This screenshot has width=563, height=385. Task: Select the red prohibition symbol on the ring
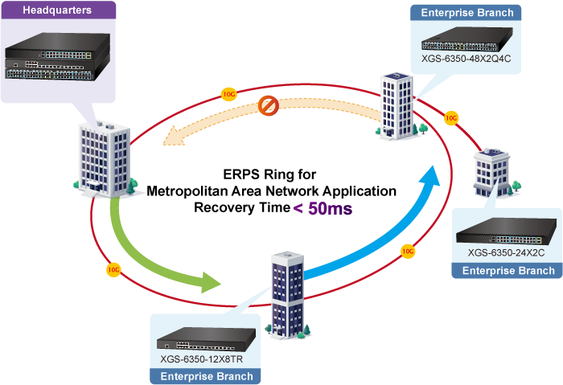click(x=269, y=105)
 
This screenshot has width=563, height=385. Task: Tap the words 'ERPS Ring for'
click(x=270, y=174)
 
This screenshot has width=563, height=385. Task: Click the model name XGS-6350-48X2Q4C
click(x=466, y=58)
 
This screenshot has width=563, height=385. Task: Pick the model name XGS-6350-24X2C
click(x=507, y=252)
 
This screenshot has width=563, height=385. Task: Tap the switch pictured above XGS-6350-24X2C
click(x=506, y=232)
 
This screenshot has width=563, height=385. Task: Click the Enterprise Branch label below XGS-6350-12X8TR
click(x=207, y=376)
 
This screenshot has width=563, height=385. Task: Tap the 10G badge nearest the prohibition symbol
click(x=229, y=94)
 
